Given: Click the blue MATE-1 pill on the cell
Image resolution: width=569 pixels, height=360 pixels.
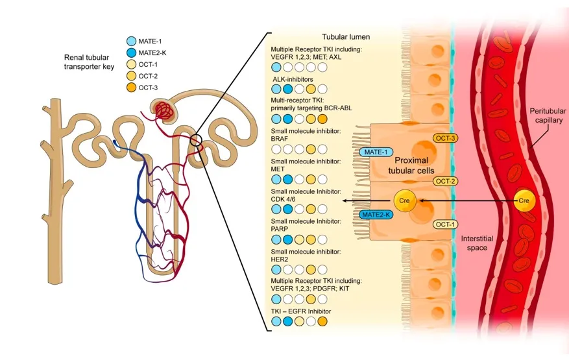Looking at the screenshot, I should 375,152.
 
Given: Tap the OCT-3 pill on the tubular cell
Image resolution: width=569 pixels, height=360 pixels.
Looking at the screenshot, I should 446,138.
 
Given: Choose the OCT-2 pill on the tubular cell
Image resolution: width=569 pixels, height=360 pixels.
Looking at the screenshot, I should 446,182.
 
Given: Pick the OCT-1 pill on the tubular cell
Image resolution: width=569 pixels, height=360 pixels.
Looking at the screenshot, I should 446,224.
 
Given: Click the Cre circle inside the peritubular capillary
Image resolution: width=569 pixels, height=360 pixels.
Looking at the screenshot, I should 525,200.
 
